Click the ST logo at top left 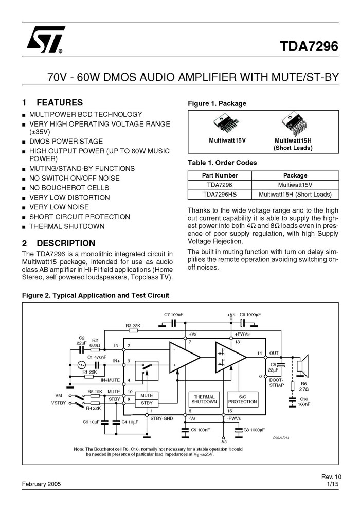pyautogui.click(x=45, y=40)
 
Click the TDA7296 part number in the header pyautogui.click(x=309, y=46)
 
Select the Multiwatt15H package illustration pyautogui.click(x=294, y=124)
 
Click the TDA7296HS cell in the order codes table pyautogui.click(x=220, y=195)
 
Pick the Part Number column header pyautogui.click(x=220, y=175)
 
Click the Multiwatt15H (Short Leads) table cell pyautogui.click(x=295, y=195)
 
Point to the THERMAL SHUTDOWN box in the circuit pyautogui.click(x=204, y=399)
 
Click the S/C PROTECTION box pyautogui.click(x=243, y=399)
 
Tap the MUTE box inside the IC pyautogui.click(x=147, y=395)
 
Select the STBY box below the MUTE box pyautogui.click(x=147, y=403)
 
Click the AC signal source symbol pyautogui.click(x=81, y=365)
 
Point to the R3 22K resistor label pyautogui.click(x=133, y=326)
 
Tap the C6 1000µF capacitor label pyautogui.click(x=250, y=315)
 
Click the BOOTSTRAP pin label pyautogui.click(x=277, y=383)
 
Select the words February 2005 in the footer pyautogui.click(x=42, y=484)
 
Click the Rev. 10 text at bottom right pyautogui.click(x=331, y=476)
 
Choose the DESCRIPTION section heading pyautogui.click(x=66, y=243)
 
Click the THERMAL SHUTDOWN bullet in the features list pyautogui.click(x=67, y=226)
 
